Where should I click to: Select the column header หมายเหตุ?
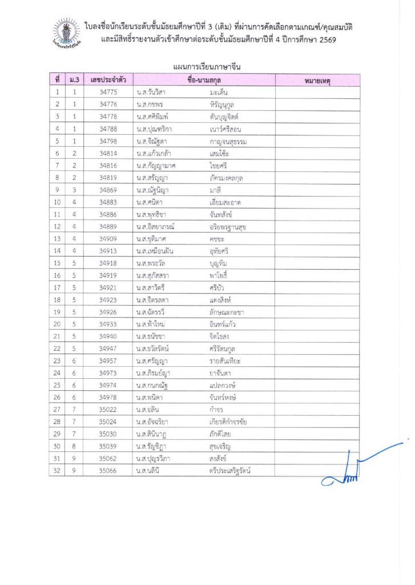[317, 80]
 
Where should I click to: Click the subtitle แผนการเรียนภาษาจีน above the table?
[207, 67]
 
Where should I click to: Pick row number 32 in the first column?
[58, 471]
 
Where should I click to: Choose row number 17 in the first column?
[58, 288]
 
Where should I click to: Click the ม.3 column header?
[74, 80]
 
